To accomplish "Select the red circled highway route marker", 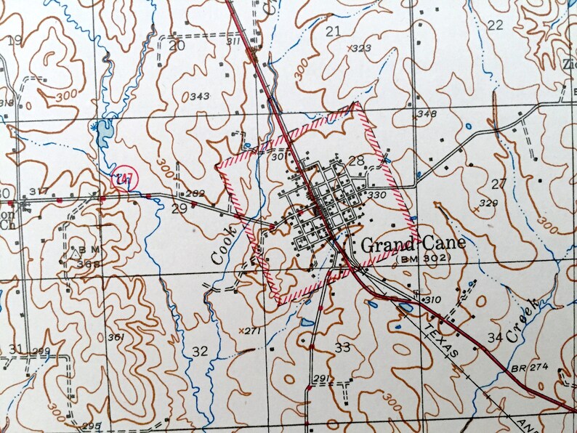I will pos(124,179).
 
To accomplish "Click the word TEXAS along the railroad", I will pos(442,341).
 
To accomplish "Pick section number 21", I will pos(334,31).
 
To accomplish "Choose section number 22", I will pos(496,25).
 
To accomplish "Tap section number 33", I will pos(342,347).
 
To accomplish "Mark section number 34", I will pos(496,337).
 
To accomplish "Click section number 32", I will pos(200,351).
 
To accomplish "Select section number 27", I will pos(499,183).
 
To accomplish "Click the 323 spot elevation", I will pos(360,49).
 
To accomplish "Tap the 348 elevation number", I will pos(427,114).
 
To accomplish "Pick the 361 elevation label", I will pos(115,337).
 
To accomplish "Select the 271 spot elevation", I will pos(251,331).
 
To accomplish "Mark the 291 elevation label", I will pos(320,379).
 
